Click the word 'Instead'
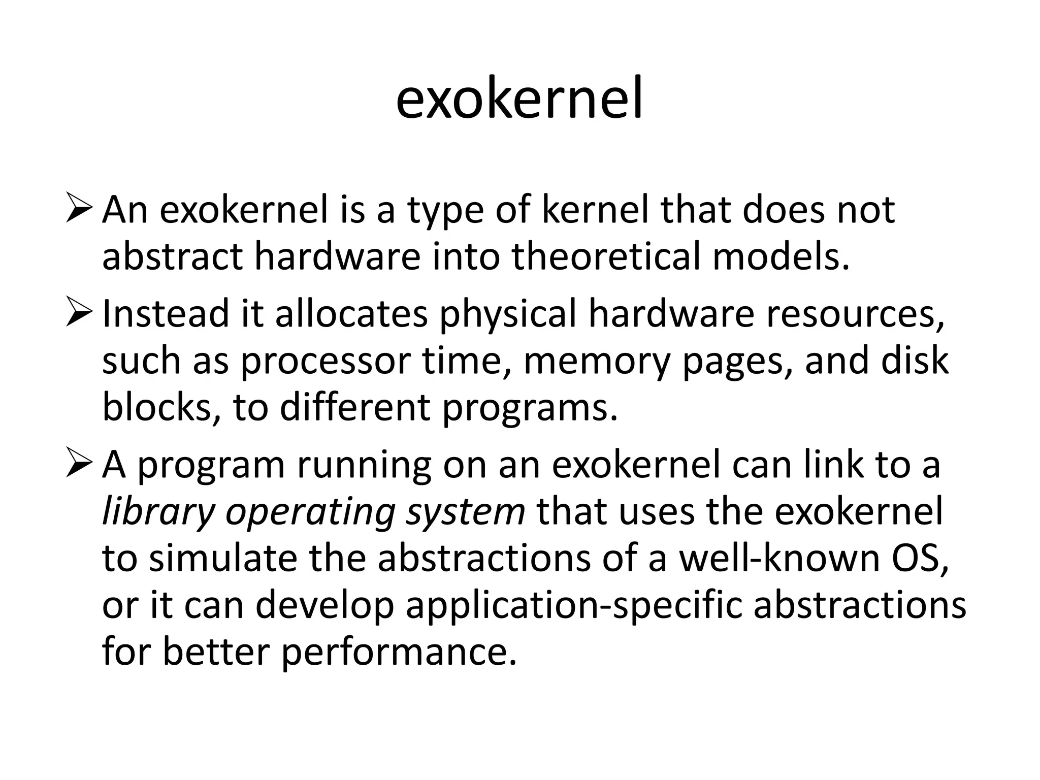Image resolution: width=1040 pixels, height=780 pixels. tap(166, 313)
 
